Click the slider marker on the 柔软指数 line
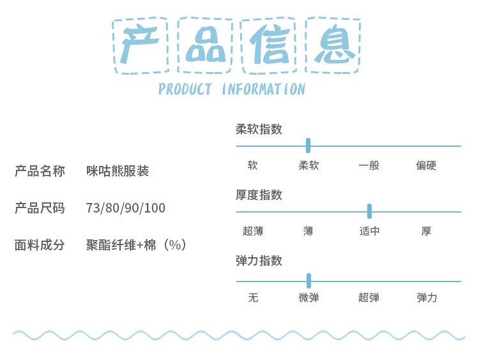click(308, 146)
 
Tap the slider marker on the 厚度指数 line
click(369, 211)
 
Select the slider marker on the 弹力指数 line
click(308, 281)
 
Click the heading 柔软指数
click(259, 129)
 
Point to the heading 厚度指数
click(259, 195)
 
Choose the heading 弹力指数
click(259, 260)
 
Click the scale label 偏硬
click(426, 165)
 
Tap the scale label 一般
click(369, 165)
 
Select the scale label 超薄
click(253, 231)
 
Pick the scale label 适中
click(369, 231)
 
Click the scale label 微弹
click(308, 297)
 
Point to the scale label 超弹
click(369, 297)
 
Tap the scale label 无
click(253, 297)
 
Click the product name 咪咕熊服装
click(118, 171)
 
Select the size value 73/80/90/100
click(125, 208)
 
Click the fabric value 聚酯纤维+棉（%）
click(137, 244)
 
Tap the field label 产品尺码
click(40, 208)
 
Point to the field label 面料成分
click(40, 244)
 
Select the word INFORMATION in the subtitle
click(263, 89)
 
